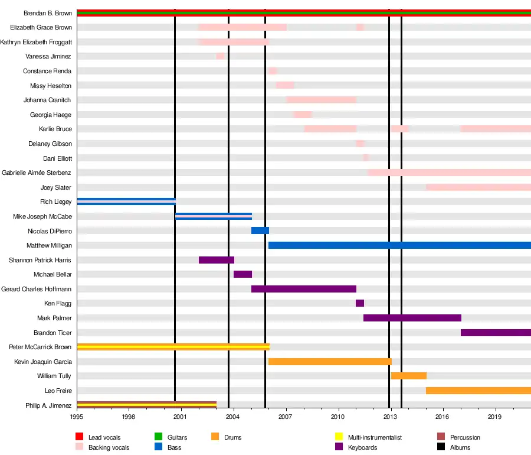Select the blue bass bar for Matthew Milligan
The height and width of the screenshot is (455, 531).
(x=399, y=245)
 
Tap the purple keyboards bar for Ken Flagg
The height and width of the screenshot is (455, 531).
(x=360, y=303)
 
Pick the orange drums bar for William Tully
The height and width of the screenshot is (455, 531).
(x=408, y=376)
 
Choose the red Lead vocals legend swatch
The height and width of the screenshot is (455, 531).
(x=80, y=437)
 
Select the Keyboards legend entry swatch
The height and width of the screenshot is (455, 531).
(x=339, y=447)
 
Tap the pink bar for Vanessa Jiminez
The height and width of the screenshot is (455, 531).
(x=221, y=56)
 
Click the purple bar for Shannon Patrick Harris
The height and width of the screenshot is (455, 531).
(x=217, y=260)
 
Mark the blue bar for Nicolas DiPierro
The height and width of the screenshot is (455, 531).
(x=260, y=230)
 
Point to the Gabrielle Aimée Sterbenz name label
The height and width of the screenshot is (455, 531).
(x=37, y=173)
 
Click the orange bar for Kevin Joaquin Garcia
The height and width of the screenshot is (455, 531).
(x=330, y=362)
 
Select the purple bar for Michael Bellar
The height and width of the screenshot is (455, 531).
(x=242, y=274)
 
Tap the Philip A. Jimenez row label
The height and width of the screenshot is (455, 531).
(x=48, y=405)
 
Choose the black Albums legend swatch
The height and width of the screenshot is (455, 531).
(x=441, y=447)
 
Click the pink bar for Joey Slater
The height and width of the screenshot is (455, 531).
(x=478, y=187)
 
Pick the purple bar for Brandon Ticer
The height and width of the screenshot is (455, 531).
(x=496, y=333)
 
